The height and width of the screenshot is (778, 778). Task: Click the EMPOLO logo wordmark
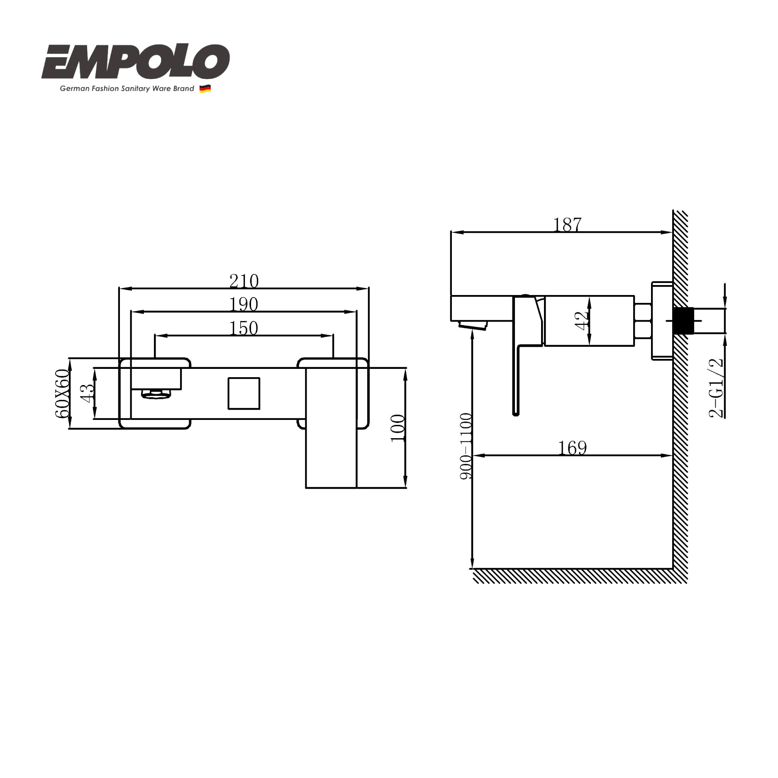point(135,62)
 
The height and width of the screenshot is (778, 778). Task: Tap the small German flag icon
point(205,88)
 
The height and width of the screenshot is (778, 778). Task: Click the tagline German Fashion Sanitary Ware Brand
point(127,88)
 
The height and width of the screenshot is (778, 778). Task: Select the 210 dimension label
point(244,281)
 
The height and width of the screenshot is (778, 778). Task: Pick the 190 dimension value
point(244,305)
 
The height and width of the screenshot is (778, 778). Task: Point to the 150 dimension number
point(244,328)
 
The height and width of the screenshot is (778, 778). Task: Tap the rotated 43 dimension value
point(87,393)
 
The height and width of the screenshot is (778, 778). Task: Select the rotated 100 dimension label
point(398,428)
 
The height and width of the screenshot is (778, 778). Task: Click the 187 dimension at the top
point(568,224)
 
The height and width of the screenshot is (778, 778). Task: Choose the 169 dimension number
point(572,448)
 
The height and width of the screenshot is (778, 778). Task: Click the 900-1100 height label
point(466,446)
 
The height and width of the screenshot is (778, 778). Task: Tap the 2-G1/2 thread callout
point(716,388)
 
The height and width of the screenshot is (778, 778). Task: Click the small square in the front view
point(244,393)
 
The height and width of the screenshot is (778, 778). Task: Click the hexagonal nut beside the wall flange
point(643,321)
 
